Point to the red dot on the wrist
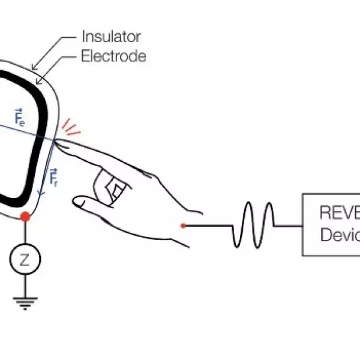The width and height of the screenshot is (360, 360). pos(183,225)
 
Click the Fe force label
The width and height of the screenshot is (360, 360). pos(19,116)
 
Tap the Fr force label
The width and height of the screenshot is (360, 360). pos(53,176)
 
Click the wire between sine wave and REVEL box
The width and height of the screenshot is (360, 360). pos(289,225)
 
